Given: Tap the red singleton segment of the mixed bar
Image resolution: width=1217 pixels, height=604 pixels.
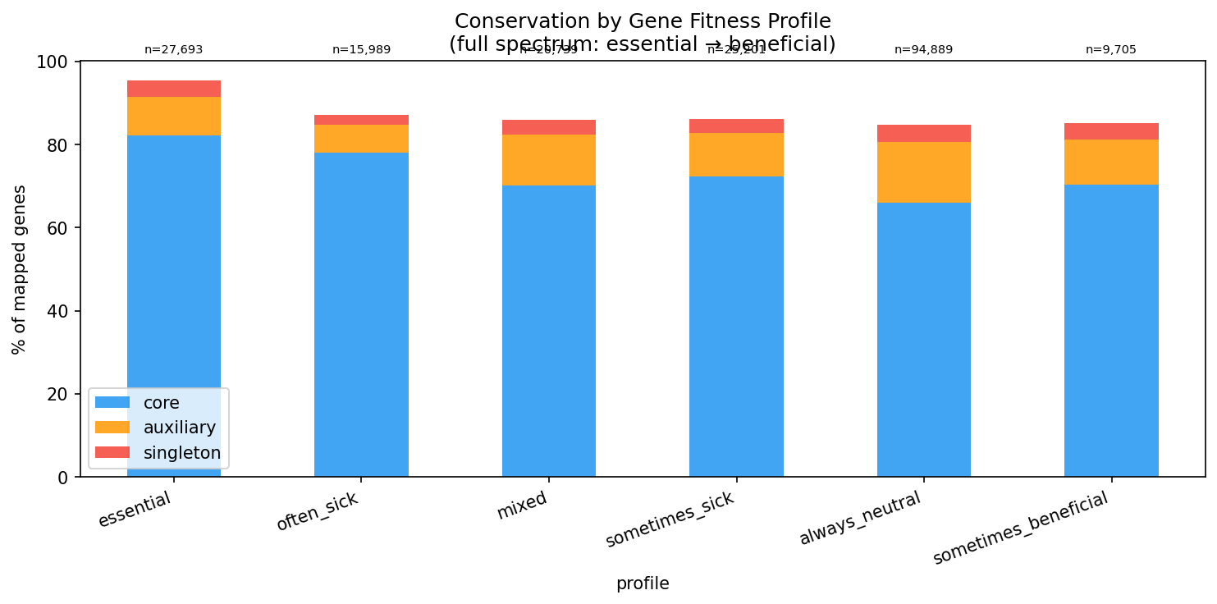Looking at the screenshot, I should (548, 127).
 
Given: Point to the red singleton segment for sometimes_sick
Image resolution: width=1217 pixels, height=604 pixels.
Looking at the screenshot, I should (736, 126).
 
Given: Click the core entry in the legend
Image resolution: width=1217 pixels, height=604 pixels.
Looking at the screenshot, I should (161, 402).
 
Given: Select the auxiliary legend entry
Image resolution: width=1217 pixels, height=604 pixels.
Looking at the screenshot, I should (179, 428).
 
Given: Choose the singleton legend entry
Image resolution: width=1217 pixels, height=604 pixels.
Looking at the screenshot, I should (181, 453).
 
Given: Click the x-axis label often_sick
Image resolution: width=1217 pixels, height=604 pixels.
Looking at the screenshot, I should (318, 510).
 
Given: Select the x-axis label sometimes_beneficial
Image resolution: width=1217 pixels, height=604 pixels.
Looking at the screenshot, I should (1021, 528).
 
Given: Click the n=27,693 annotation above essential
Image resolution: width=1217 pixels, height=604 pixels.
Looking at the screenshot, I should (173, 49).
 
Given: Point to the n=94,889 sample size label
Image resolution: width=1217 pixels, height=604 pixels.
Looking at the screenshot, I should (923, 49).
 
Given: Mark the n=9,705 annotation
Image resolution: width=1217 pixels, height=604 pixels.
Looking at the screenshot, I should (1111, 49).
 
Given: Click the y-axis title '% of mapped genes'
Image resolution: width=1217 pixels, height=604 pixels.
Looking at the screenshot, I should (20, 269).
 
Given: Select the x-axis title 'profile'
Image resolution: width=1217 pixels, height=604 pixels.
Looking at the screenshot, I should (643, 583).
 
